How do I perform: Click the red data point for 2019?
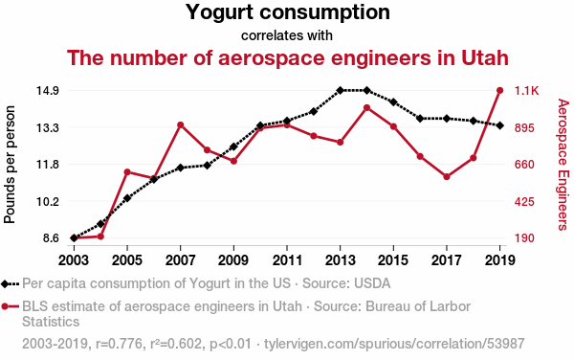click(499, 90)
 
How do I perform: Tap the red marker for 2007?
click(180, 125)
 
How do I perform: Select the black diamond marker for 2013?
click(340, 90)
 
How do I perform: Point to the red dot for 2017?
click(447, 177)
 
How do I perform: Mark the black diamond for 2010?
click(260, 125)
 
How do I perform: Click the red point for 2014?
click(366, 107)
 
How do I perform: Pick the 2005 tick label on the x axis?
click(126, 260)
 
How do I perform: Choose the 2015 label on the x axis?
click(393, 260)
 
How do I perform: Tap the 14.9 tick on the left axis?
click(48, 90)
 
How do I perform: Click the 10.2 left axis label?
click(48, 201)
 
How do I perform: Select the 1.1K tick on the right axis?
click(527, 90)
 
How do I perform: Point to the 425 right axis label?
click(524, 201)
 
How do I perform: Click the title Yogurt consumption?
click(288, 12)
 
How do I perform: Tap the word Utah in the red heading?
click(485, 57)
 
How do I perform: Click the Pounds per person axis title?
click(10, 165)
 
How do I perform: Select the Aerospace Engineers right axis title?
click(563, 165)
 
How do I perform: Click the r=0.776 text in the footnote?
click(119, 344)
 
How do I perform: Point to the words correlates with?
click(287, 35)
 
